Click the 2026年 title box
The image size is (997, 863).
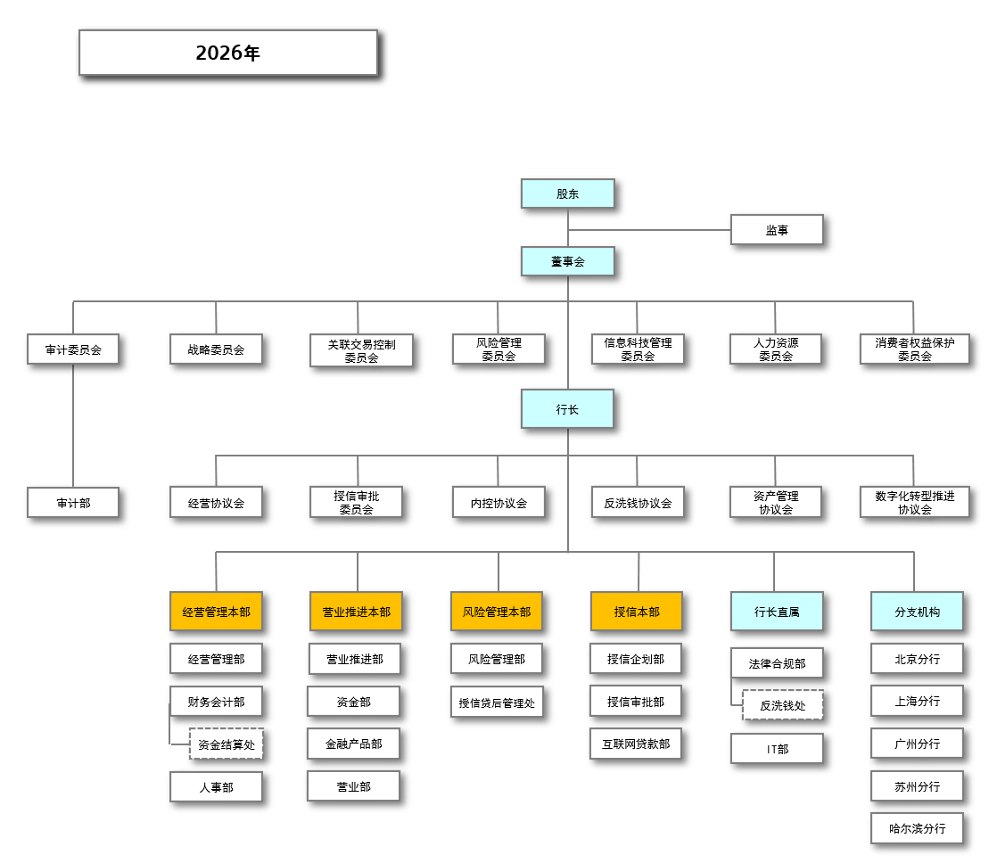[x=227, y=53]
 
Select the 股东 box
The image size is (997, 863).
[x=567, y=193]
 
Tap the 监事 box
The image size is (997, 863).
[x=776, y=229]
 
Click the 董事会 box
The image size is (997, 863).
[x=567, y=261]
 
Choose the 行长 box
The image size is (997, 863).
[x=567, y=409]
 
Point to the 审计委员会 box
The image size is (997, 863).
[x=73, y=349]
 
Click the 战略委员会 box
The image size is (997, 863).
[x=216, y=349]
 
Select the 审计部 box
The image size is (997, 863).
[x=73, y=503]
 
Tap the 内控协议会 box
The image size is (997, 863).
[x=498, y=503]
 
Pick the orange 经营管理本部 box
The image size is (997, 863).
[x=216, y=612]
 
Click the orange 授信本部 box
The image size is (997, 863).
[x=636, y=612]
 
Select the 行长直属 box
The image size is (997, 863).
[x=776, y=612]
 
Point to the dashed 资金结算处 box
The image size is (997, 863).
[x=226, y=744]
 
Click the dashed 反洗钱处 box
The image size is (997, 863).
[x=782, y=704]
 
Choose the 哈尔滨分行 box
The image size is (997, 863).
[x=917, y=828]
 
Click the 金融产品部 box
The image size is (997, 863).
[x=353, y=744]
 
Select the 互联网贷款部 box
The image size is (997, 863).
[x=636, y=744]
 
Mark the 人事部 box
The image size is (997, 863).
[x=216, y=787]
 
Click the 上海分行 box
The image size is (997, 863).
[x=917, y=701]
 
